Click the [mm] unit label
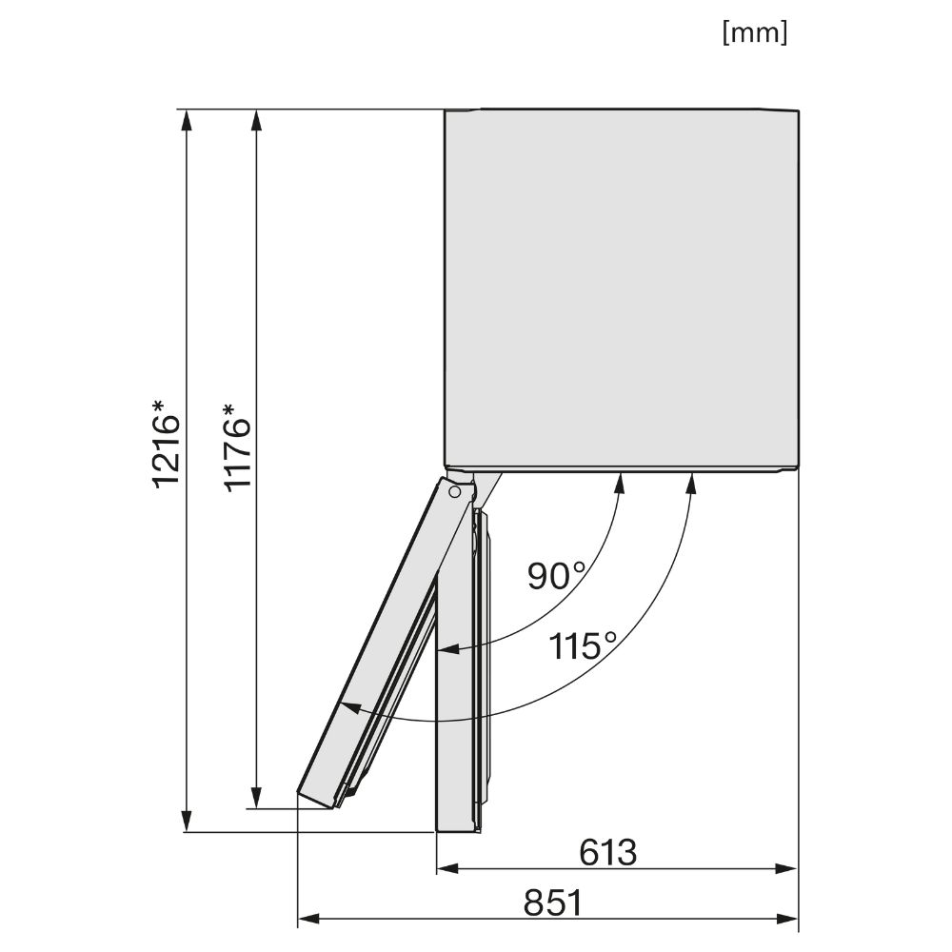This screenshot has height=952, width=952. [x=755, y=32]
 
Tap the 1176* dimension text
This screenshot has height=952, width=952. [x=237, y=447]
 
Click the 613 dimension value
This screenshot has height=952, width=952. [x=607, y=852]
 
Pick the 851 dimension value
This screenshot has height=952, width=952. [x=553, y=902]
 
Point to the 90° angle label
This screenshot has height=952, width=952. [x=556, y=576]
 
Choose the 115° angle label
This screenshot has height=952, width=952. [x=583, y=645]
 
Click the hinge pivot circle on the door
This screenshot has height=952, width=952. [x=454, y=492]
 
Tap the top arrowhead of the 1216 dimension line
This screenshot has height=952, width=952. [x=187, y=120]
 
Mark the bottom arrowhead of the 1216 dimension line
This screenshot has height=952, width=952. [x=187, y=821]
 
